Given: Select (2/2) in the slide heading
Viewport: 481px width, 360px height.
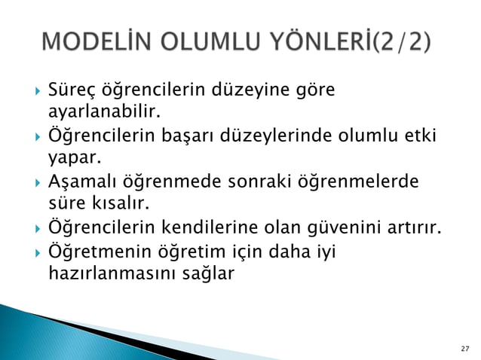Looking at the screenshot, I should [403, 40].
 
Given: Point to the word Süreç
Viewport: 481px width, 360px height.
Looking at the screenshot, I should [69, 92].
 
